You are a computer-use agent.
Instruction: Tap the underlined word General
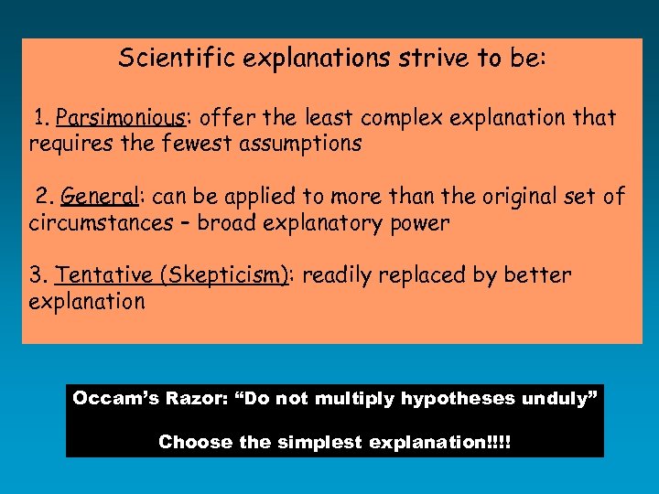(100, 196)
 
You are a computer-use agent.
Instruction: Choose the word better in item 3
(537, 275)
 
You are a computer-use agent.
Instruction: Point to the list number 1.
(40, 118)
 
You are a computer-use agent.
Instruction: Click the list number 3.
(37, 275)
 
